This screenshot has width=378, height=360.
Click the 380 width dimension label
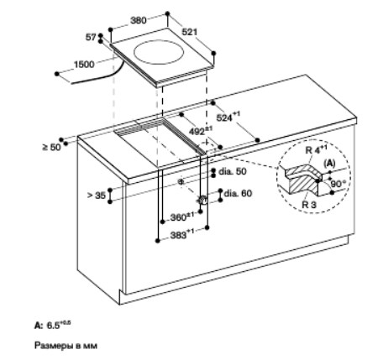(139, 20)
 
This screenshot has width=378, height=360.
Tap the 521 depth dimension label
(190, 32)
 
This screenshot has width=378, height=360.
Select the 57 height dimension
(91, 37)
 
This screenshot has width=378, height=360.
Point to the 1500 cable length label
(84, 65)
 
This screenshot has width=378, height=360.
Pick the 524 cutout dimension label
(228, 117)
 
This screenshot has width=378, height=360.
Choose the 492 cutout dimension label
(201, 131)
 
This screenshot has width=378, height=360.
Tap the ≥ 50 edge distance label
(51, 147)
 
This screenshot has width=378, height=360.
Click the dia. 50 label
(233, 171)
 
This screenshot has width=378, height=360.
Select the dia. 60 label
(238, 193)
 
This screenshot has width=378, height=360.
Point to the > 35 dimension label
(97, 196)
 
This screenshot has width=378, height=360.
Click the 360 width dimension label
(182, 217)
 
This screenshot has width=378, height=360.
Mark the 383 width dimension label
(182, 234)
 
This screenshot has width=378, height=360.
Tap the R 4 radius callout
(316, 149)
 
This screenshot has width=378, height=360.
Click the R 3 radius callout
(309, 205)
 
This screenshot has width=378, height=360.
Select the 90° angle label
(339, 184)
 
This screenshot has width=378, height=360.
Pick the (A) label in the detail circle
(329, 164)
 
